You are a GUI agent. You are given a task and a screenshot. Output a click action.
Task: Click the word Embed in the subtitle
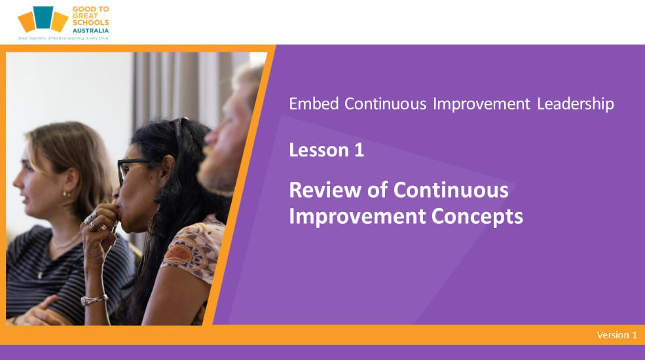pyautogui.click(x=314, y=104)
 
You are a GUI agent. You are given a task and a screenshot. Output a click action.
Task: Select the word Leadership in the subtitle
pyautogui.click(x=576, y=104)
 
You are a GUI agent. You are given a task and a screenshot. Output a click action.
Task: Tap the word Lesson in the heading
pyautogui.click(x=319, y=150)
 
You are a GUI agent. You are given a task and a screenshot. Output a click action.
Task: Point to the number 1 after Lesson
pyautogui.click(x=359, y=150)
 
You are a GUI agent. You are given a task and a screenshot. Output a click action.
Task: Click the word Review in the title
pyautogui.click(x=325, y=190)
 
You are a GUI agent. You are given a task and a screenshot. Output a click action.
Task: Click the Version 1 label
pyautogui.click(x=617, y=335)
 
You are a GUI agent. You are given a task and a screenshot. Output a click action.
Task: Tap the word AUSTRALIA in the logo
pyautogui.click(x=90, y=30)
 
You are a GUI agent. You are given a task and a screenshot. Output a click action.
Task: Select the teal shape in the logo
pyautogui.click(x=43, y=17)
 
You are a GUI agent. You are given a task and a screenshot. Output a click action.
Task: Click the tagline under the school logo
pyautogui.click(x=62, y=38)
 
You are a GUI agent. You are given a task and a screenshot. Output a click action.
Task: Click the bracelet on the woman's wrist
pyautogui.click(x=94, y=300)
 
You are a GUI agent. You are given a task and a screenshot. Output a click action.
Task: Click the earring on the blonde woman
pyautogui.click(x=65, y=194)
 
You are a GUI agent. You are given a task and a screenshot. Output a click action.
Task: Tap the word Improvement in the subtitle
pyautogui.click(x=481, y=104)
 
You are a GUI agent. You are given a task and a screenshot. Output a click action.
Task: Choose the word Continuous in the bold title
pyautogui.click(x=451, y=190)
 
